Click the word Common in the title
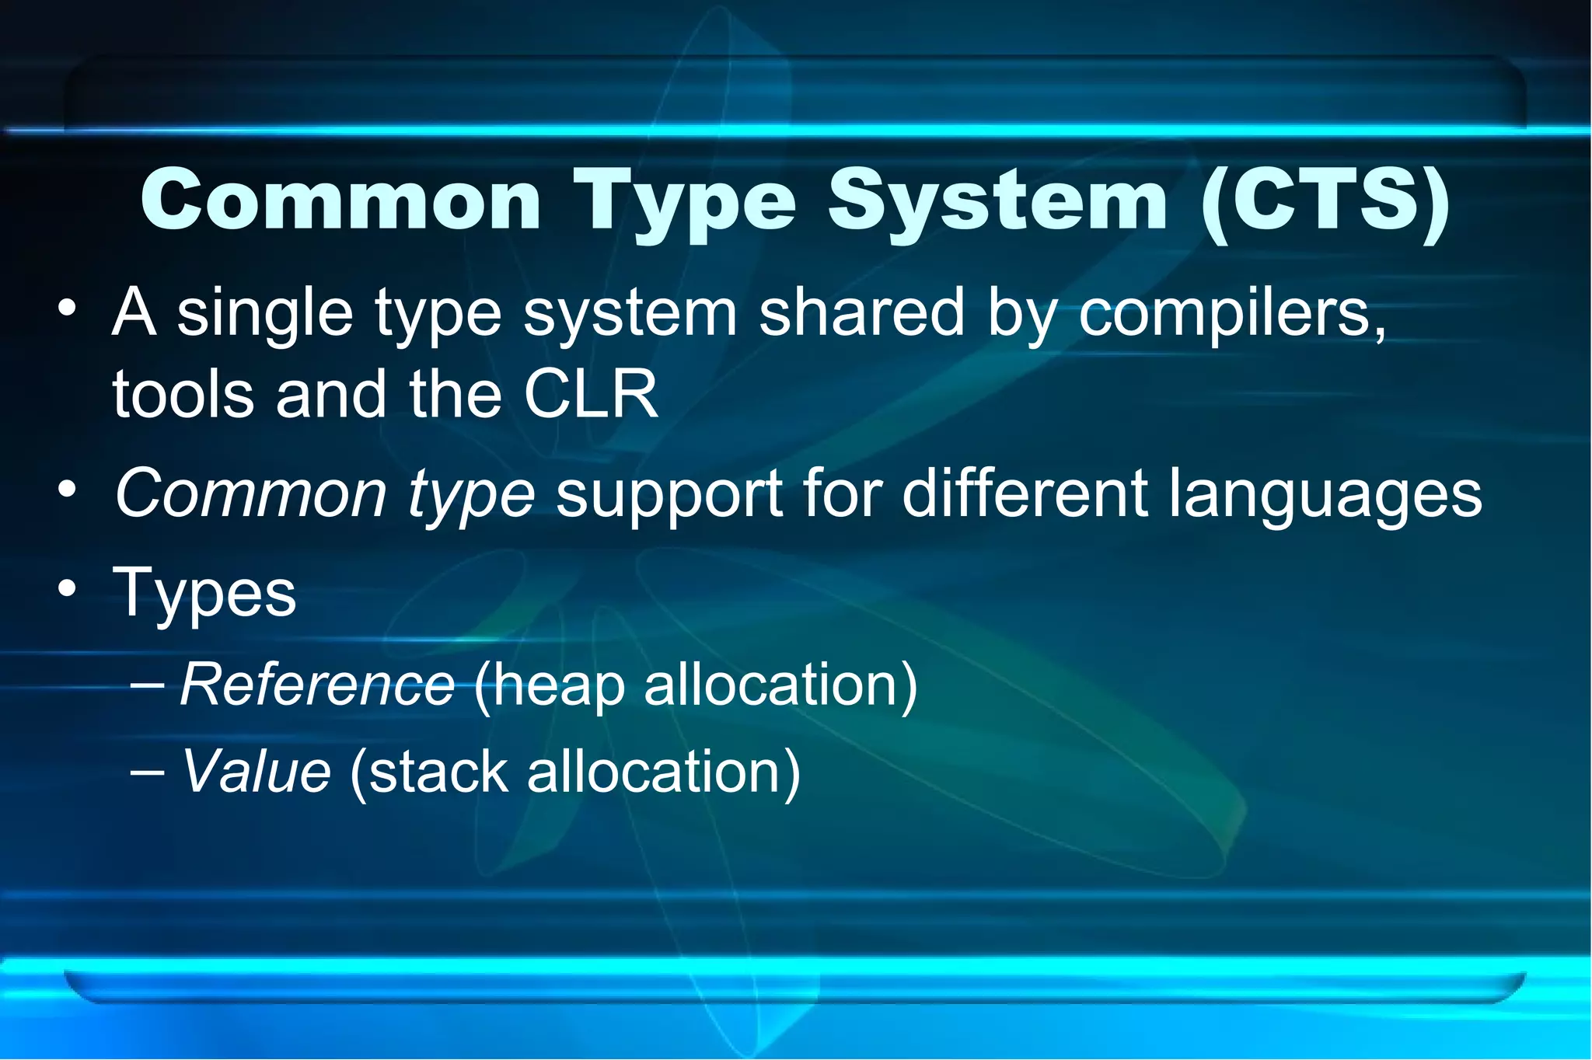click(x=340, y=200)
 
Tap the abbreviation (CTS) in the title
click(x=1325, y=200)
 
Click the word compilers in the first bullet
click(x=1231, y=312)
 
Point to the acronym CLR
click(x=591, y=394)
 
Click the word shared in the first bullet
click(x=861, y=312)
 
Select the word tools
click(x=183, y=394)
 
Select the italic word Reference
click(x=317, y=685)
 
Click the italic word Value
click(x=256, y=772)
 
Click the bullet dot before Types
click(x=68, y=588)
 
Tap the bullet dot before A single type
click(x=68, y=308)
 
